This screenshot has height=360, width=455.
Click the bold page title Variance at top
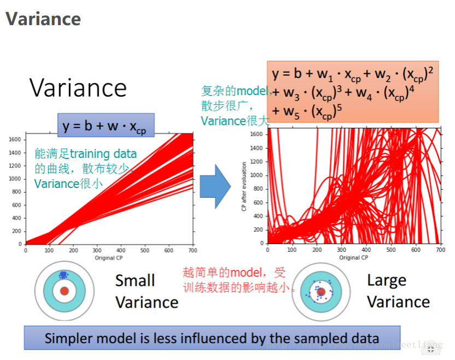pos(43,19)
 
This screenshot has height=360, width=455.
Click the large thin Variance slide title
pos(78,88)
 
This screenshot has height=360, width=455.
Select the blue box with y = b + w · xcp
pos(105,126)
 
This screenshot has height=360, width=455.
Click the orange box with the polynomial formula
pos(352,92)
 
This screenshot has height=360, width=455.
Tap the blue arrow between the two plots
pos(215,186)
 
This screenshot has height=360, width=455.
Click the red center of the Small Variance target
pos(65,291)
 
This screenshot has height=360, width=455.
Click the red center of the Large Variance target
pos(321,292)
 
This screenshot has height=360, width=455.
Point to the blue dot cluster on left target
pos(63,275)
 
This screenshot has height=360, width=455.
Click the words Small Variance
pos(146,291)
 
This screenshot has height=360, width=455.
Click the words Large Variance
pos(398,291)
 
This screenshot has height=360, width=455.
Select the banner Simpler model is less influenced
pos(212,338)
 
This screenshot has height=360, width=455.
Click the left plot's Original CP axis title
pos(108,257)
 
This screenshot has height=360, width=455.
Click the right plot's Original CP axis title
pos(353,257)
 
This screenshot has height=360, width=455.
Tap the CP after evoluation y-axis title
pos(244,186)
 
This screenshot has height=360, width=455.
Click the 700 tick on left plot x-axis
pos(192,250)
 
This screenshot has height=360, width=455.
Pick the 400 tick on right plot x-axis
pos(366,250)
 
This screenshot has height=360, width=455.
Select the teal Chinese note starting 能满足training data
pos(85,168)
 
